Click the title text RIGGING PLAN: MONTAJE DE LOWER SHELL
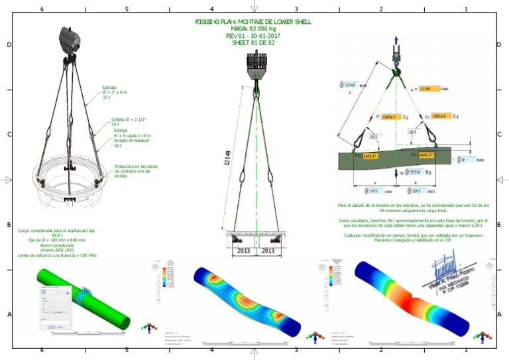pyautogui.click(x=253, y=22)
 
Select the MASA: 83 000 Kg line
pyautogui.click(x=253, y=29)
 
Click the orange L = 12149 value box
pyautogui.click(x=428, y=88)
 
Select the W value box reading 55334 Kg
pyautogui.click(x=414, y=172)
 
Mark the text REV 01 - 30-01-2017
pyautogui.click(x=253, y=36)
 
